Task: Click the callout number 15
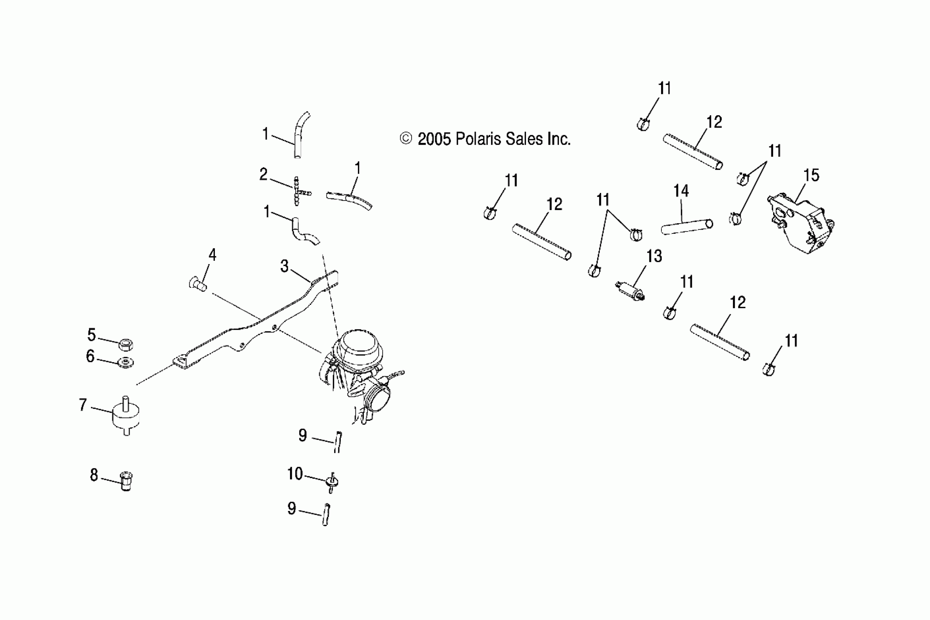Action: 811,175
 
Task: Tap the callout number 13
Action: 654,256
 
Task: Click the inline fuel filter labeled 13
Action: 630,290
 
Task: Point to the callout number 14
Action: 681,191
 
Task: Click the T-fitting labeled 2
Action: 297,191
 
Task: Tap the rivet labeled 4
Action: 197,284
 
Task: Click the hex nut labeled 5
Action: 126,344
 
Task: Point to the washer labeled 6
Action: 126,362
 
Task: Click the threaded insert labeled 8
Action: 126,481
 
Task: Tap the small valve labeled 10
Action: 332,482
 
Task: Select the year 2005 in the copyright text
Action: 434,139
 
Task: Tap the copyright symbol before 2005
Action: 406,138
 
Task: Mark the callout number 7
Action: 83,405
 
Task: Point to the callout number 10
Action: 295,474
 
